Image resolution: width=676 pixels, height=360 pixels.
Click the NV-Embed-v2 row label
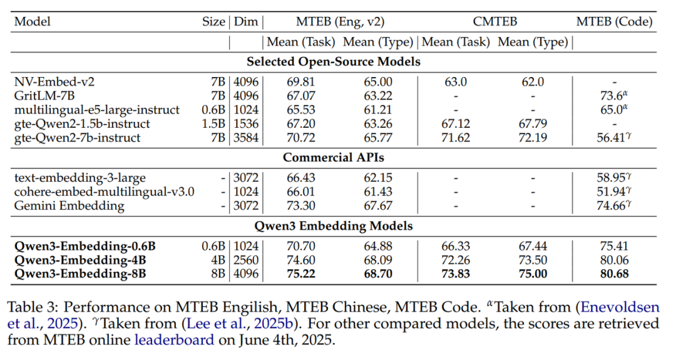(54, 82)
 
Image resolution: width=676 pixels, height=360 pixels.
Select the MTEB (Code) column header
(614, 22)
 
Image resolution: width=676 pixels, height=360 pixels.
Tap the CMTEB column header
(494, 22)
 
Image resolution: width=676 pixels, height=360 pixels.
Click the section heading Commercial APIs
(332, 157)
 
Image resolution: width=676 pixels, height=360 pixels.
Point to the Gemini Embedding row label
(69, 205)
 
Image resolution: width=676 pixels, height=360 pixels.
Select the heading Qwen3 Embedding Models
(332, 226)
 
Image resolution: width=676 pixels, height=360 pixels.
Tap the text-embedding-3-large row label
(79, 178)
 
